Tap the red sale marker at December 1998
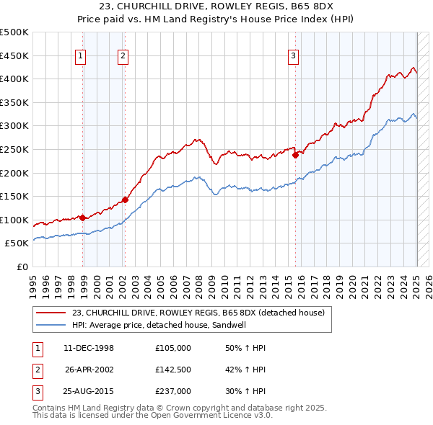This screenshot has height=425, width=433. [x=83, y=217]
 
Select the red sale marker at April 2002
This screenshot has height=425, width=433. [x=125, y=200]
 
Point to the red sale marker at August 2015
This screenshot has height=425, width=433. [x=295, y=155]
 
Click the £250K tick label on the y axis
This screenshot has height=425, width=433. [x=14, y=149]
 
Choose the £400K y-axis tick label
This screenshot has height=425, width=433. [x=14, y=79]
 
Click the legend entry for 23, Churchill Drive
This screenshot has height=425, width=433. [x=198, y=313]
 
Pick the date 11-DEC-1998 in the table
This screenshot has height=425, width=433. [x=89, y=348]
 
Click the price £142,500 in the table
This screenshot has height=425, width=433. [x=173, y=370]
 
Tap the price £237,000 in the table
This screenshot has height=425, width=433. [x=173, y=391]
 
